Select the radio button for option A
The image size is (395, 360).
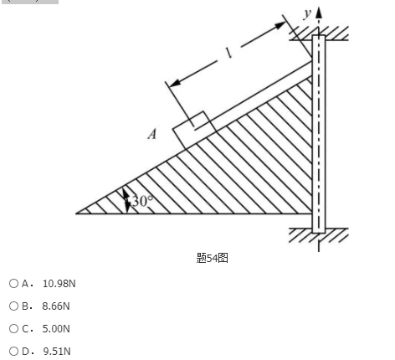13,284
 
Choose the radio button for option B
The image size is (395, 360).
13,306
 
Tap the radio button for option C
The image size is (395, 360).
13,329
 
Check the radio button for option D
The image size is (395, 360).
13,351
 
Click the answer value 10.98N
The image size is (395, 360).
59,284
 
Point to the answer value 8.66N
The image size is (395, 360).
56,306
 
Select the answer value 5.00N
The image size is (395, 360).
56,329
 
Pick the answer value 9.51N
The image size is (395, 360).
57,351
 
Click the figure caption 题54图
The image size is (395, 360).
213,258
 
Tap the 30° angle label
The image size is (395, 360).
142,201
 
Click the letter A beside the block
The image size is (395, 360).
152,134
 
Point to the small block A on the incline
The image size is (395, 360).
194,130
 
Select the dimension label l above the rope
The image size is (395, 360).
228,52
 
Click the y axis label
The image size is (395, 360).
307,13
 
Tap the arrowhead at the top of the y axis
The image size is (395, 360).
319,13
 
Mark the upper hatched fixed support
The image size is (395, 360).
319,33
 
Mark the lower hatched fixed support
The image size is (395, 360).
319,235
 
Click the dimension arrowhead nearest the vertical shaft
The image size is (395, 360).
280,25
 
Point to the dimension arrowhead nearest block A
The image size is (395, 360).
175,83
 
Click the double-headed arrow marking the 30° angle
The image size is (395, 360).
127,200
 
